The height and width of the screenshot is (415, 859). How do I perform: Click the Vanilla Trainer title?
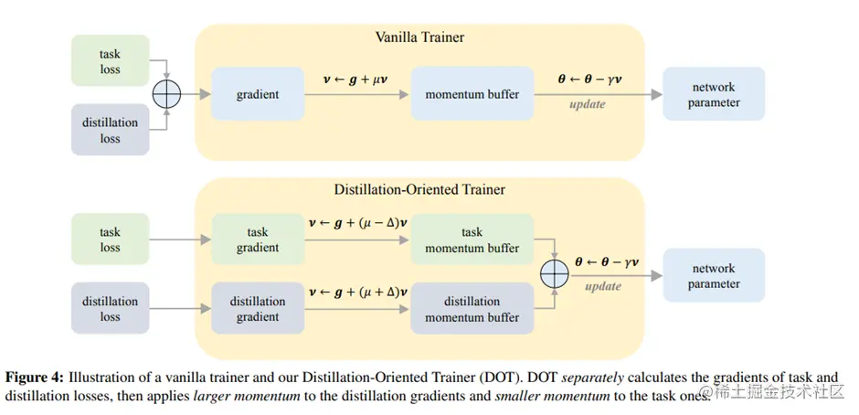419,37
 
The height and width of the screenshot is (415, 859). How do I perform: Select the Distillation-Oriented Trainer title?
419,190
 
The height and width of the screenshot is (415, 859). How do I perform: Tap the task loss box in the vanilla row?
110,61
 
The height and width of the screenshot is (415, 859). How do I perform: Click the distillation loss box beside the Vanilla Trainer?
110,131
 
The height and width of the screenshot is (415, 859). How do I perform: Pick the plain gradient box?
257,94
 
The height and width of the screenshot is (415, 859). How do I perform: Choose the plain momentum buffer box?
472,94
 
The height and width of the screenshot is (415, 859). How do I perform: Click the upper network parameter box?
713,94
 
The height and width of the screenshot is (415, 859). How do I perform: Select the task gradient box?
257,240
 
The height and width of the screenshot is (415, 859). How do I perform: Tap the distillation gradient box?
257,309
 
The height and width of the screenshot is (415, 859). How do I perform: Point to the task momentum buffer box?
472,240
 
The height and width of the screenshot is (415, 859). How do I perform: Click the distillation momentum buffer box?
472,309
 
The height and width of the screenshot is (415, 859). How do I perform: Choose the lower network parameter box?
713,276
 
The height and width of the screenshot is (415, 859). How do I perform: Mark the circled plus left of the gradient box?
168,94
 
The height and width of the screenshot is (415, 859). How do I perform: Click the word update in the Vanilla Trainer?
588,104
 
